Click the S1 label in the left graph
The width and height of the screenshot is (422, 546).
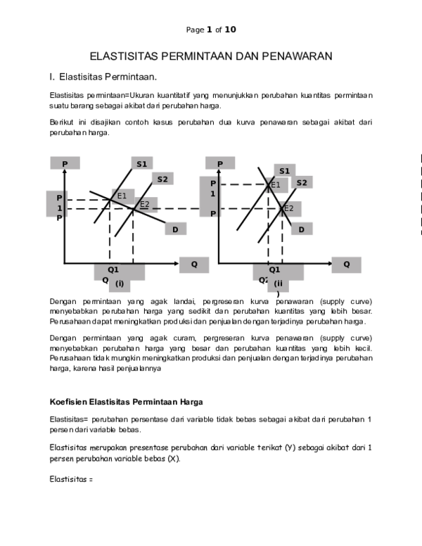[x=141, y=164]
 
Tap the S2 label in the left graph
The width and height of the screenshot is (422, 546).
[x=162, y=179]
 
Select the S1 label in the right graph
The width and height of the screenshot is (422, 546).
[x=284, y=171]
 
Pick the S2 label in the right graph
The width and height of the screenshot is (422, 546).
[x=302, y=183]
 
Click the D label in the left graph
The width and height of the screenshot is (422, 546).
[x=176, y=229]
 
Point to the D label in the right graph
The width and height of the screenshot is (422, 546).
[x=302, y=229]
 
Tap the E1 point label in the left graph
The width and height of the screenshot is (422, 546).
[x=122, y=196]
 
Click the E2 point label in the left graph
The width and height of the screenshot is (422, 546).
[x=144, y=205]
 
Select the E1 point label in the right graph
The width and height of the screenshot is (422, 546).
[x=276, y=185]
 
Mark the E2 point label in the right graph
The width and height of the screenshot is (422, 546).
[x=289, y=208]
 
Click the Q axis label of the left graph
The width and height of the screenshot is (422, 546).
[x=194, y=265]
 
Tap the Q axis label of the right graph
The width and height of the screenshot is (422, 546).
[x=347, y=265]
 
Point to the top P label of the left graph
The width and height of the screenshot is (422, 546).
[x=65, y=164]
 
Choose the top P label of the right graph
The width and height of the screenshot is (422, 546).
[x=220, y=164]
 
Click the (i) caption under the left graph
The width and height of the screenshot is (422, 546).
[x=120, y=284]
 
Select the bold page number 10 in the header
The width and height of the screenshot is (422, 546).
[x=230, y=30]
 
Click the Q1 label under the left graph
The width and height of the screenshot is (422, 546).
[x=113, y=269]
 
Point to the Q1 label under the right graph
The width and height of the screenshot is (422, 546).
[x=274, y=269]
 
